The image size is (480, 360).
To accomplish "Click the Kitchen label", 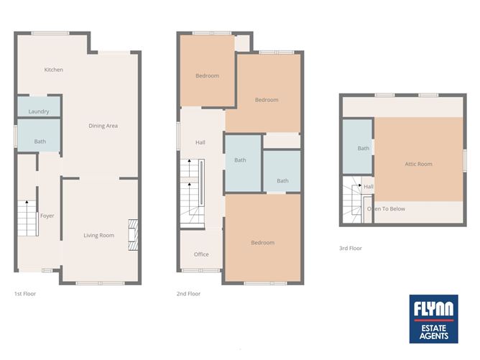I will [x=54, y=70].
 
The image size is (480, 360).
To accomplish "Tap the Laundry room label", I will [x=39, y=111].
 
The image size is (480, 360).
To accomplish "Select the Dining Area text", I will [x=103, y=126].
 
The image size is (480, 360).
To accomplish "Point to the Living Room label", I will [x=98, y=235].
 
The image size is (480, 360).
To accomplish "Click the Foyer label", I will [x=47, y=216].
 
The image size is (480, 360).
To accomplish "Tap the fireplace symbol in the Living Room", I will [x=131, y=234].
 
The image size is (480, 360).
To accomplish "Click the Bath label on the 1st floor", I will [x=40, y=142].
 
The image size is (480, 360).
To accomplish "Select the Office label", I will [x=201, y=254].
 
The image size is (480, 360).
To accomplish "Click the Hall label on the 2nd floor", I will [x=200, y=142].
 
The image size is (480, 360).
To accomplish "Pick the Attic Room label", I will [x=418, y=164].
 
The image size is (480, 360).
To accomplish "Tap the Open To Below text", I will [x=387, y=208].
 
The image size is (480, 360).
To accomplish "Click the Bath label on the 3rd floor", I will [x=364, y=148].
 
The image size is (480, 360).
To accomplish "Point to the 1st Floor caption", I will [x=24, y=294].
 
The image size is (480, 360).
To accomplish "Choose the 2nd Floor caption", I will [x=188, y=294].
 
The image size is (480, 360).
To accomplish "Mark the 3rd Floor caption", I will [x=351, y=249].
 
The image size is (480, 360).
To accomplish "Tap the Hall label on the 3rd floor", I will [x=369, y=187].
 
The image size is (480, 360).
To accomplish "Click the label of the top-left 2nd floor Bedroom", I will [x=207, y=75].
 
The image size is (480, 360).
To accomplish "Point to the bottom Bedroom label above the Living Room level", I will [x=262, y=242].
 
